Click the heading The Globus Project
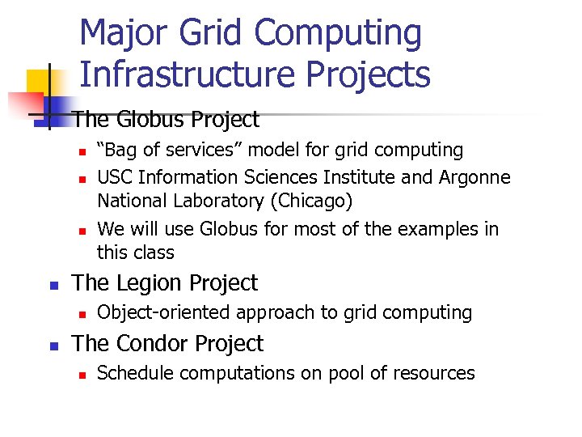pyautogui.click(x=166, y=120)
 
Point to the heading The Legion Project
pyautogui.click(x=165, y=283)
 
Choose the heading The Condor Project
pyautogui.click(x=167, y=344)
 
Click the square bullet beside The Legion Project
pyautogui.click(x=53, y=285)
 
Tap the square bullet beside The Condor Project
pyautogui.click(x=53, y=346)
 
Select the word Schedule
pyautogui.click(x=133, y=373)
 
